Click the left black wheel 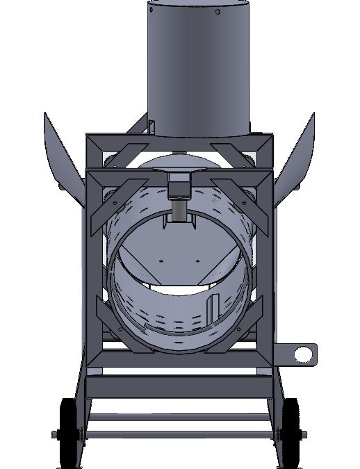pos(68,432)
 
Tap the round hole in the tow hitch pos(302,354)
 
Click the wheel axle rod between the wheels pos(179,434)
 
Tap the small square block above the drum pos(181,187)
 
